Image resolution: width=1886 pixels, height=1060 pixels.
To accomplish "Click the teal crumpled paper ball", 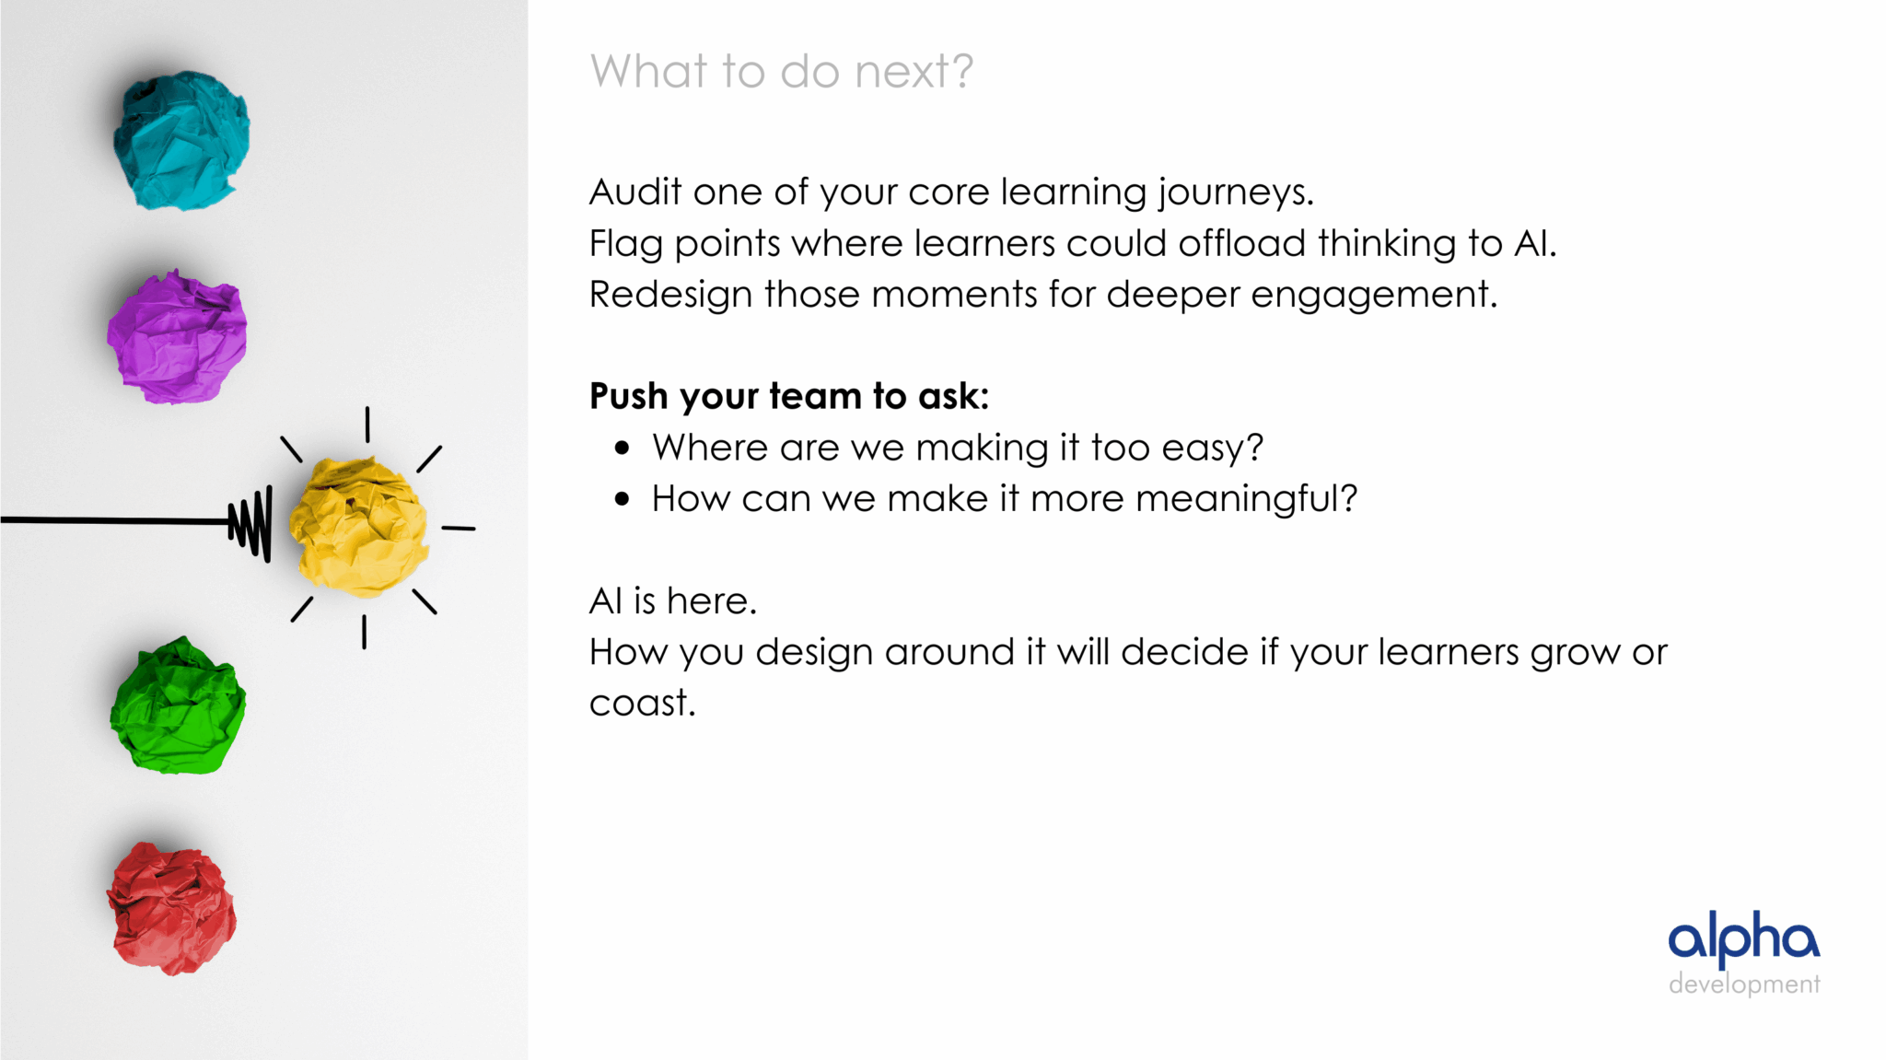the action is [x=181, y=140].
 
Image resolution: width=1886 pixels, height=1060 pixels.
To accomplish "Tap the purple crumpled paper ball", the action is [x=177, y=337].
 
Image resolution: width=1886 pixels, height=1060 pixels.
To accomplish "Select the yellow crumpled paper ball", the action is [x=358, y=527].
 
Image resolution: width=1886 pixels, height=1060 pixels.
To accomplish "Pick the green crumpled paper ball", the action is [x=178, y=705].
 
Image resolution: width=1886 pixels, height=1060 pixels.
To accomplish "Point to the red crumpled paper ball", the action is [x=171, y=909].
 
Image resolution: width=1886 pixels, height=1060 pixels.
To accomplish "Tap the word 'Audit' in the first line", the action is [x=634, y=192].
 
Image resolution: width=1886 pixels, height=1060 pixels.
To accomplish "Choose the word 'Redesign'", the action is [x=671, y=296].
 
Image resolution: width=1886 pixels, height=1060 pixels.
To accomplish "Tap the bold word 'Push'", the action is [x=628, y=396].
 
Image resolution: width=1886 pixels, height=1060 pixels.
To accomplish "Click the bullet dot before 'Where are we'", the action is [x=623, y=448].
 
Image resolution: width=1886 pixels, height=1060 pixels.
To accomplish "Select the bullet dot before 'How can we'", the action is [x=623, y=499].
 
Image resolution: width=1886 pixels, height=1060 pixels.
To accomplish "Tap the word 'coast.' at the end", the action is [x=642, y=704].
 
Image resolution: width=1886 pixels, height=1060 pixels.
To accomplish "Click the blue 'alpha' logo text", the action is [x=1744, y=938].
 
